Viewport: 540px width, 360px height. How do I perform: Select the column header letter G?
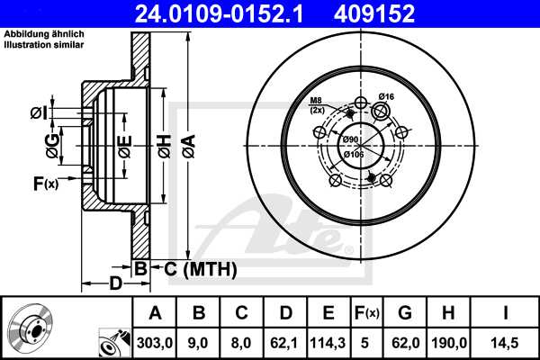406,312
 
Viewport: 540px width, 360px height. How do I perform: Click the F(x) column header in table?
366,312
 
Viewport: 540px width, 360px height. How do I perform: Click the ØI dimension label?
38,113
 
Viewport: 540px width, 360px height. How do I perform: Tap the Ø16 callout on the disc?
387,96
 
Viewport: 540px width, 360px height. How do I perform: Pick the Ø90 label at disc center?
352,139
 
